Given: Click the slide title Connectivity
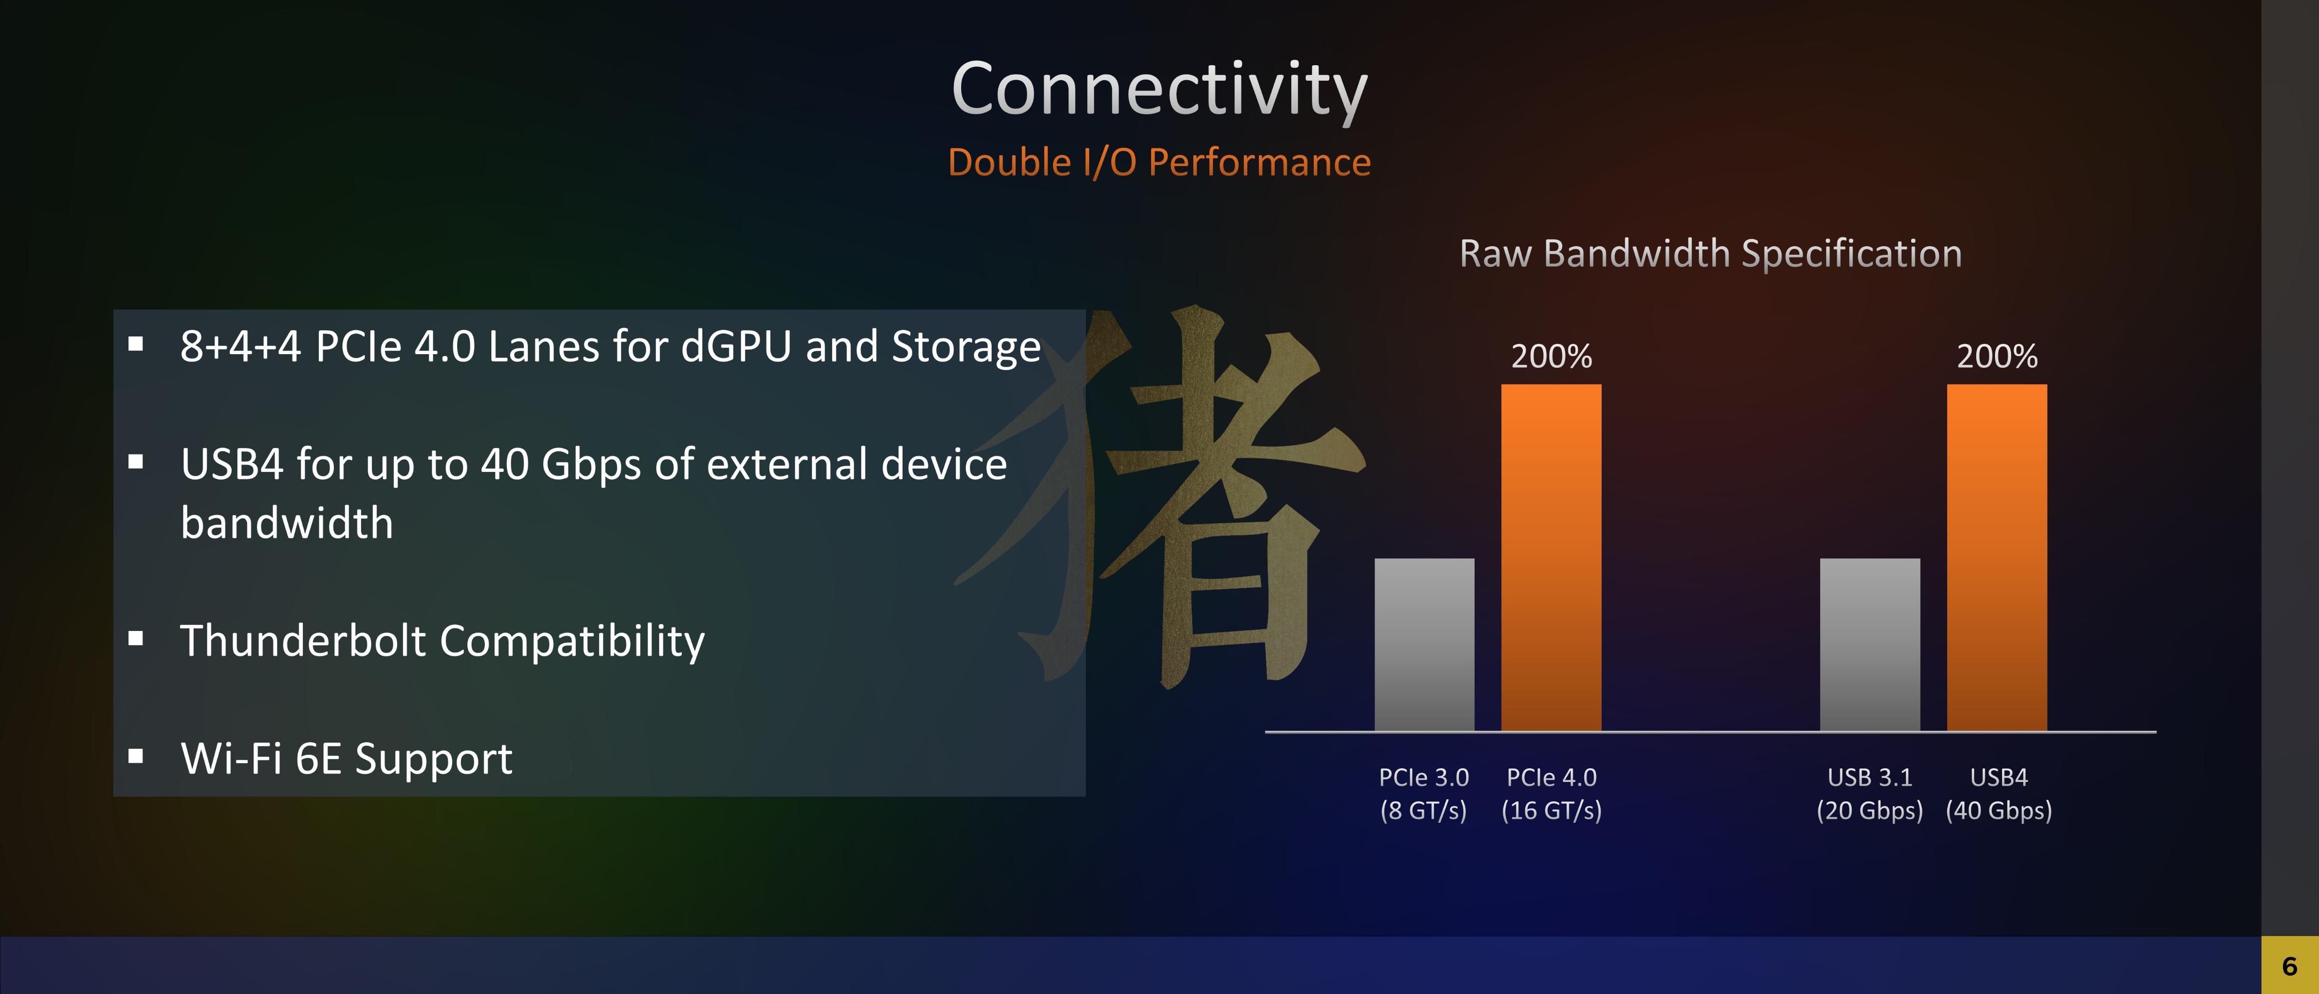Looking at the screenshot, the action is (x=1159, y=90).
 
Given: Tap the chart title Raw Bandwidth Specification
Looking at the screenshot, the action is (x=1710, y=254).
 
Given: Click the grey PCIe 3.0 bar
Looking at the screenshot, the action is (x=1424, y=645).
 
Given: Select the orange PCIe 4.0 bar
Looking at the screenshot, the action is (x=1551, y=557).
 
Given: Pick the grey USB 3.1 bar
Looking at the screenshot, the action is (x=1870, y=645).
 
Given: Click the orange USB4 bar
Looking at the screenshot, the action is (x=1997, y=557).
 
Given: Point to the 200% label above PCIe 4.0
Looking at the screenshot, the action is (x=1551, y=357).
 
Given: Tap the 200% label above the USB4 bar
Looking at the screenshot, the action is (x=1997, y=357).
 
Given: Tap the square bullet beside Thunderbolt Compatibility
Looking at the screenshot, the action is (x=136, y=638).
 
